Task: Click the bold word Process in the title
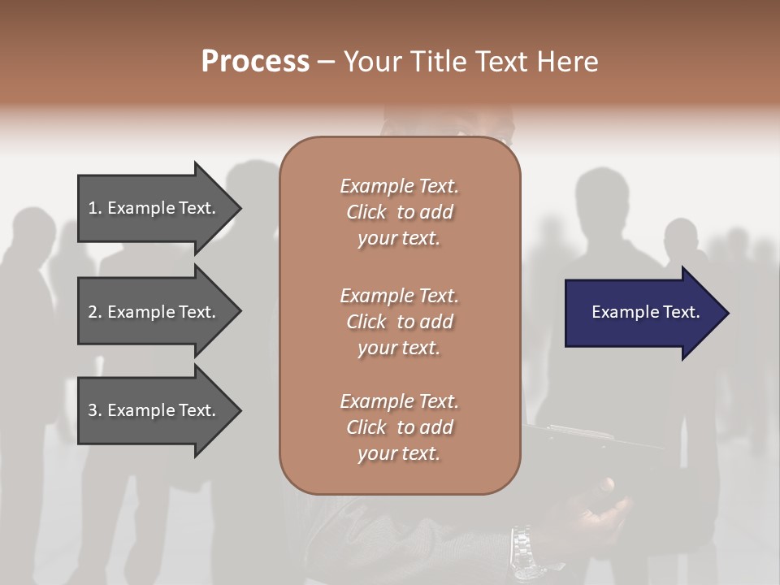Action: pos(255,62)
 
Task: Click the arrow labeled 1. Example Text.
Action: pos(154,208)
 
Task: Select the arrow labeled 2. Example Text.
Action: pos(154,312)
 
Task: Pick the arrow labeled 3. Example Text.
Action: pos(154,410)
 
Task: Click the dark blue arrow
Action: pos(642,313)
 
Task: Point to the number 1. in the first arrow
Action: pos(95,208)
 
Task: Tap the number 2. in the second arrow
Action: pos(95,312)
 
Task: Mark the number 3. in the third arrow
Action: pos(95,410)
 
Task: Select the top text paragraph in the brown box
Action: pos(399,212)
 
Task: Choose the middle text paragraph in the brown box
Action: pos(399,321)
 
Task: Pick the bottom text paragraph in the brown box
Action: pos(399,427)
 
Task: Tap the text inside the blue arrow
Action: pos(645,312)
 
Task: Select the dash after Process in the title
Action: pos(326,62)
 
